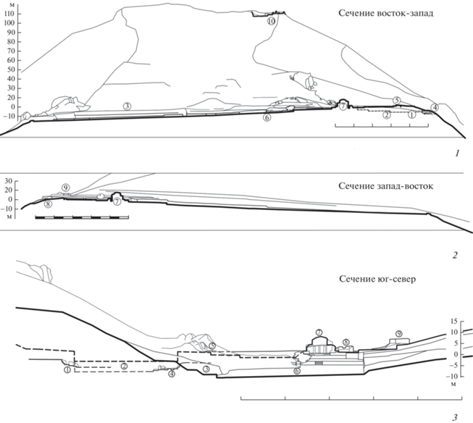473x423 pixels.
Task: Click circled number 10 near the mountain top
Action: point(271,22)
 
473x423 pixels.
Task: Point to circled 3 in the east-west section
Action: point(127,106)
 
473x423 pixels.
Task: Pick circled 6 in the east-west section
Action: point(267,117)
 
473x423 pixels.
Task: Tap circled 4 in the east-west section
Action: point(434,108)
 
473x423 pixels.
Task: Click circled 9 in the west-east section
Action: point(65,188)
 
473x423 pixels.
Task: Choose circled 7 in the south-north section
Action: point(318,332)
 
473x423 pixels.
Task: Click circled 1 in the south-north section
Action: point(67,369)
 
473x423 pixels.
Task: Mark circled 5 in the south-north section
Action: point(212,346)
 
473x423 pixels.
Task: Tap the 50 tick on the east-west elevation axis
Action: point(11,62)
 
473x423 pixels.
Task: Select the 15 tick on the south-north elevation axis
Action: point(456,320)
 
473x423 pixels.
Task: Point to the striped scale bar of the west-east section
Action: point(81,217)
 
